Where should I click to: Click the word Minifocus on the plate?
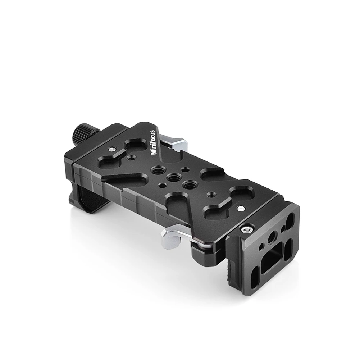pyautogui.click(x=154, y=142)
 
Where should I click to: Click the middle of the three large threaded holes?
pyautogui.click(x=174, y=177)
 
